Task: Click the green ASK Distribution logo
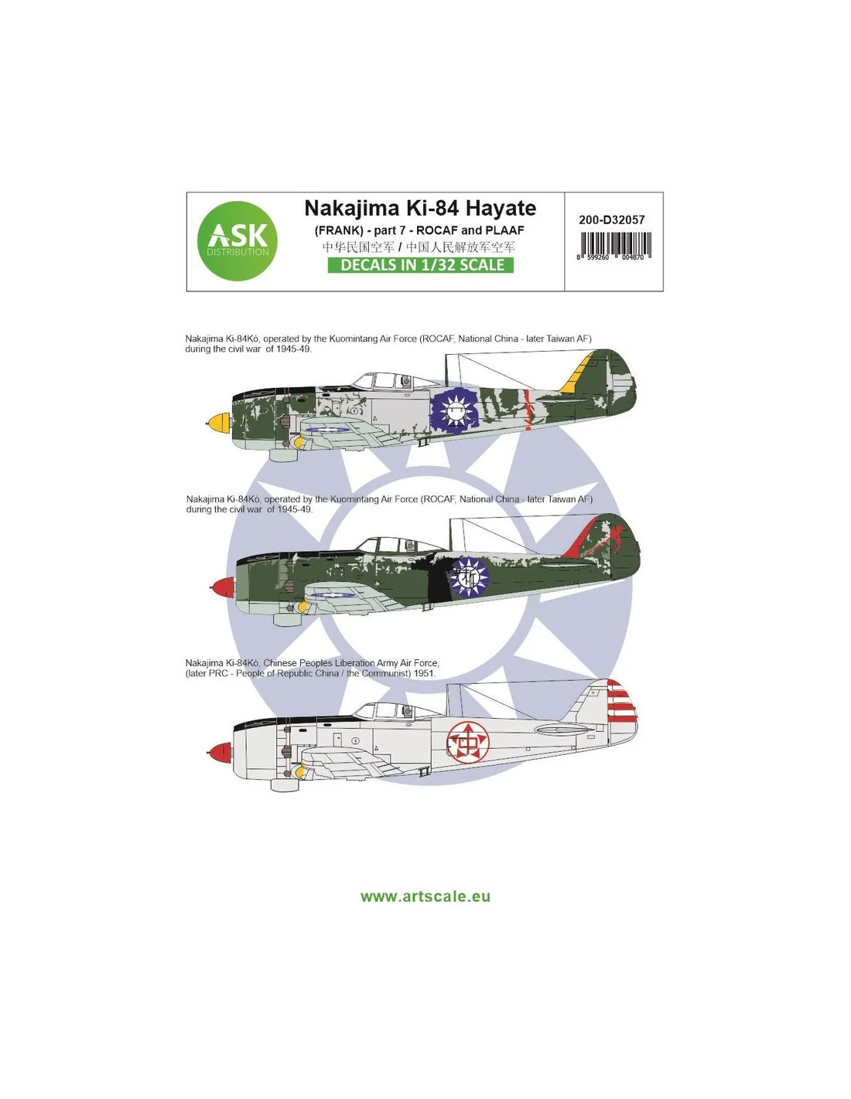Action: click(238, 240)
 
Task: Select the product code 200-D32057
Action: click(612, 220)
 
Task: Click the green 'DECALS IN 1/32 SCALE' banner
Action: click(421, 265)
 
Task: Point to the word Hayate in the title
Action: click(501, 209)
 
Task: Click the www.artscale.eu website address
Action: click(425, 897)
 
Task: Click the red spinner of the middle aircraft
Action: click(222, 587)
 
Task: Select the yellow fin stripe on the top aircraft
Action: click(576, 375)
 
